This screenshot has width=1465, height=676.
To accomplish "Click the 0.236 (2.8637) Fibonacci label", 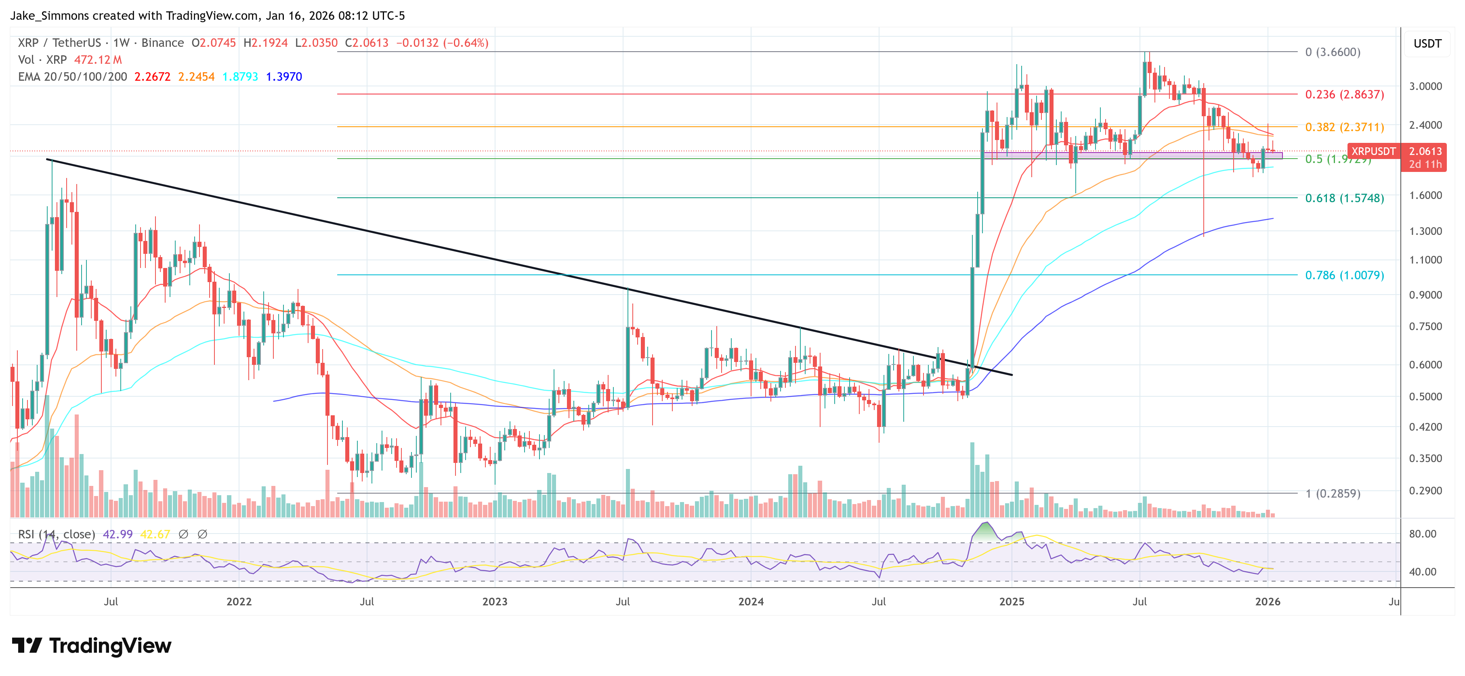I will (1344, 94).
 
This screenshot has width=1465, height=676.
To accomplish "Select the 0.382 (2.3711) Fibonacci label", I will (1344, 127).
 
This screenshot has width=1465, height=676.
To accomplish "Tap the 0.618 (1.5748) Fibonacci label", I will (1344, 198).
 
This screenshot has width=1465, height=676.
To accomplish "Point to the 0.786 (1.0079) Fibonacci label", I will (1344, 275).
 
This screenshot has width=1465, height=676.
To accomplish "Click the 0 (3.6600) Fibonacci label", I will (1333, 52).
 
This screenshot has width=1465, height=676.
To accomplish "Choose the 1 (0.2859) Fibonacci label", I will (1333, 494).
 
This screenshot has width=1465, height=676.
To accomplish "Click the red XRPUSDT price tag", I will (1373, 151).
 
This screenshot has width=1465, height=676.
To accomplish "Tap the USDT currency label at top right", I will (1427, 44).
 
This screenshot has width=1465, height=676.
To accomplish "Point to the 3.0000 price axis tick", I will (1425, 86).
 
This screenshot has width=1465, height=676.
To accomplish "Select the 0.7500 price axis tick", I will (1425, 326).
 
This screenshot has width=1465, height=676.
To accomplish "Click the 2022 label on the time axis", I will (239, 601).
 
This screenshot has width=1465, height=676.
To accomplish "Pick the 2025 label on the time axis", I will (1012, 601).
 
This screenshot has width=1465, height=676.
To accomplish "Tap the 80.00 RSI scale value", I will (1422, 534).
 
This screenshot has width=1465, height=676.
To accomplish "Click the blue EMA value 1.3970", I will (284, 77).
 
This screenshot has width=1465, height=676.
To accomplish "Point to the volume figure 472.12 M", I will (98, 60).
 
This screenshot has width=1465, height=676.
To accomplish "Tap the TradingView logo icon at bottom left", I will (27, 646).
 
